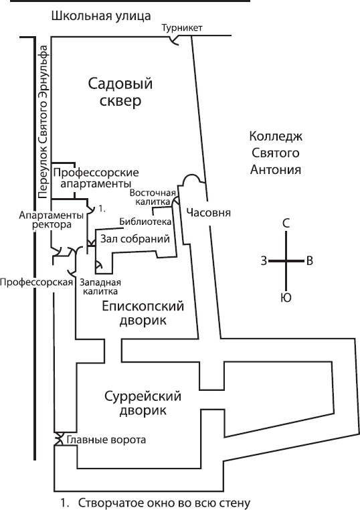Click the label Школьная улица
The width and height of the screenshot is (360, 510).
click(101, 15)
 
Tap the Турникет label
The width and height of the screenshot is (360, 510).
click(182, 27)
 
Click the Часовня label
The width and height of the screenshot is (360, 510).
click(209, 213)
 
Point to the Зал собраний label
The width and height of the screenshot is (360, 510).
click(134, 238)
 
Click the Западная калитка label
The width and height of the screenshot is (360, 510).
click(100, 286)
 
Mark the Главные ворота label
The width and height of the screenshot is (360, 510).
click(104, 440)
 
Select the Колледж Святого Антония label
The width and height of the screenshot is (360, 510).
click(276, 153)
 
